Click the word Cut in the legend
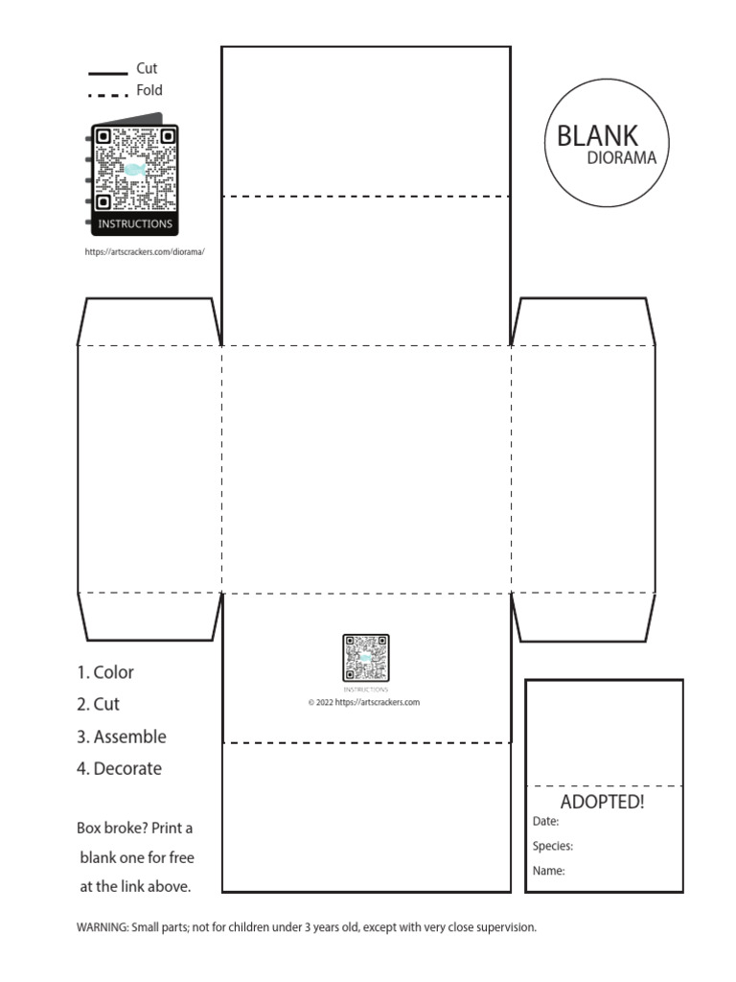click(147, 69)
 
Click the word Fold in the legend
click(149, 91)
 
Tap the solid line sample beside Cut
click(107, 73)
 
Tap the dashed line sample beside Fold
click(107, 95)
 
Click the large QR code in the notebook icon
click(134, 171)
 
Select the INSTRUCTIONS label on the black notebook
click(135, 224)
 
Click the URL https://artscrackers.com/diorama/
click(145, 252)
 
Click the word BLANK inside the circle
click(597, 135)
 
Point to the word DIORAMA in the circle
click(621, 159)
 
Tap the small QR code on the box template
click(365, 658)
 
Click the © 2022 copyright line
click(363, 702)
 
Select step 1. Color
click(105, 672)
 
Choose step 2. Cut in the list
click(98, 704)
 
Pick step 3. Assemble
click(121, 736)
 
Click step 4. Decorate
click(119, 768)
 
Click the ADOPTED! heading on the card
click(602, 802)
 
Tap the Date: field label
click(545, 822)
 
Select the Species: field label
click(553, 847)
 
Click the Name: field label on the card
click(548, 872)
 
